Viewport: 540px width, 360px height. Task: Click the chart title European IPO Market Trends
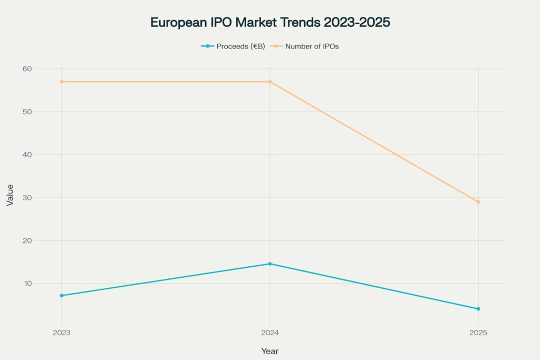coord(270,23)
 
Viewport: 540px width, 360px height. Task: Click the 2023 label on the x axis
coord(62,333)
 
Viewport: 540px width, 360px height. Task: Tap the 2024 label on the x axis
coord(270,333)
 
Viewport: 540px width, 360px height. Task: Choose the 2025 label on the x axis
coord(478,333)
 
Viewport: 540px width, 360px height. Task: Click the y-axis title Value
coord(10,194)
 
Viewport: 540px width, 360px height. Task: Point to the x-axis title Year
coord(270,351)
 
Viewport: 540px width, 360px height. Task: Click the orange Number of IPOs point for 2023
coord(62,82)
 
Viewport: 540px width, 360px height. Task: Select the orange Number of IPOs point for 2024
coord(270,82)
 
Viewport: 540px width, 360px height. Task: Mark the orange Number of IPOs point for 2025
coord(478,202)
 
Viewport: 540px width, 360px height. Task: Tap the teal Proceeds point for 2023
coord(62,296)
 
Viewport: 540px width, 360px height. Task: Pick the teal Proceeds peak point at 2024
coord(270,264)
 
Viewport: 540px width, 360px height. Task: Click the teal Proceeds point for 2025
coord(478,309)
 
